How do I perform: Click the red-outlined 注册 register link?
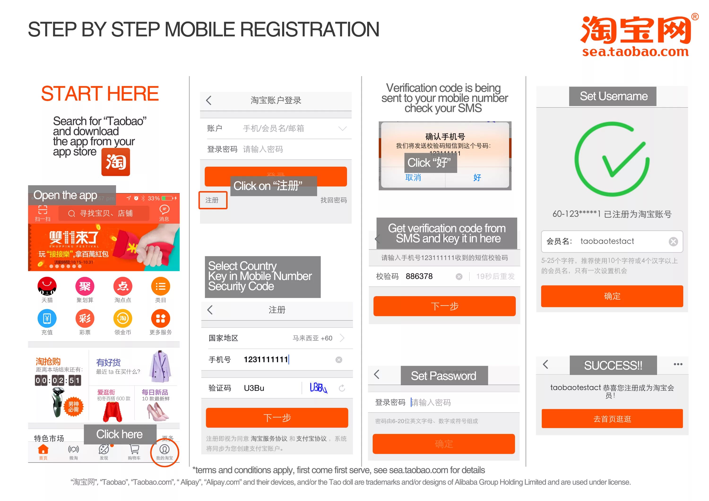[x=213, y=200]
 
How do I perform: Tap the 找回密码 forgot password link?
[x=333, y=200]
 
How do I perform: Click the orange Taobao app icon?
[x=116, y=162]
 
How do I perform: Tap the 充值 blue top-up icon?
[x=47, y=319]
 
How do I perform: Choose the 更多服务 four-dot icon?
[x=160, y=319]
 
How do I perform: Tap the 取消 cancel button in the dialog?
[x=413, y=177]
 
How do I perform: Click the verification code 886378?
[x=419, y=276]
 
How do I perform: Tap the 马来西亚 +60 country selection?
[x=312, y=338]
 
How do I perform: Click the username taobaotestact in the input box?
[x=607, y=241]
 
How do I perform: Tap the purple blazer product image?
[x=160, y=367]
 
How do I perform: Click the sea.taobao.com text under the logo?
[x=635, y=51]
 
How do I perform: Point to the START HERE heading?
[x=100, y=94]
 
